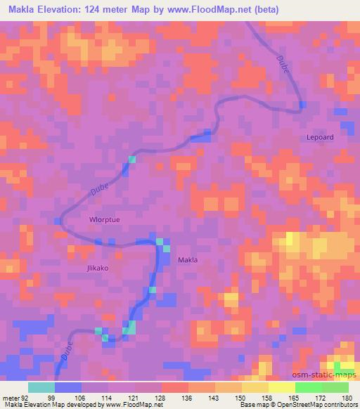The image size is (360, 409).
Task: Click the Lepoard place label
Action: (x=320, y=137)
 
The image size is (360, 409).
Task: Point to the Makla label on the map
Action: (x=187, y=259)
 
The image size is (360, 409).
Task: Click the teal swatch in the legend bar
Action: (x=41, y=387)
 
